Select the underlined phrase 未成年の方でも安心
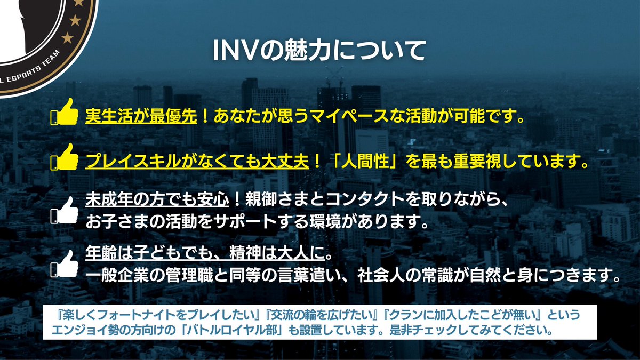[157, 201]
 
